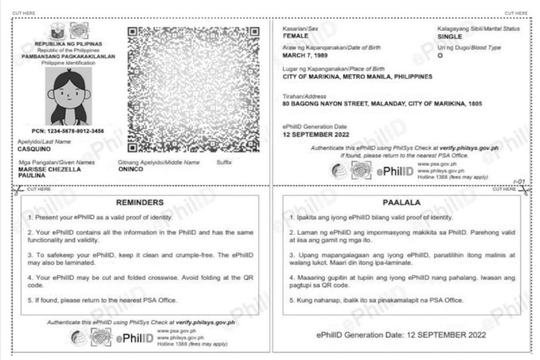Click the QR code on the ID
pyautogui.click(x=193, y=89)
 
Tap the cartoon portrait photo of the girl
pyautogui.click(x=68, y=96)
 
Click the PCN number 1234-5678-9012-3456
pyautogui.click(x=68, y=131)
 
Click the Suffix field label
pyautogui.click(x=224, y=162)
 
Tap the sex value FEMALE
pyautogui.click(x=295, y=36)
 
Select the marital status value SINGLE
pyautogui.click(x=450, y=36)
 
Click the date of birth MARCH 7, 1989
pyautogui.click(x=305, y=55)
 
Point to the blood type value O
pyautogui.click(x=440, y=55)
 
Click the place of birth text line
pyautogui.click(x=357, y=76)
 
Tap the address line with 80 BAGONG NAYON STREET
pyautogui.click(x=382, y=103)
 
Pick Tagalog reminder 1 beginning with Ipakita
pyautogui.click(x=371, y=218)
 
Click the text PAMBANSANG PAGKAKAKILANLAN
pyautogui.click(x=68, y=57)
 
